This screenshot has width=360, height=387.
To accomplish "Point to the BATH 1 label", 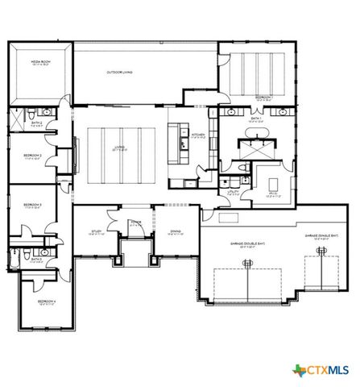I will (x=256, y=119).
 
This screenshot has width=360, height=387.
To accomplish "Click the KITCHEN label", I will (x=198, y=135).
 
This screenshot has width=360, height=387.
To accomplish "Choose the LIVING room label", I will (x=119, y=148).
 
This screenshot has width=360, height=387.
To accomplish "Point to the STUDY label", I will (x=96, y=232).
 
